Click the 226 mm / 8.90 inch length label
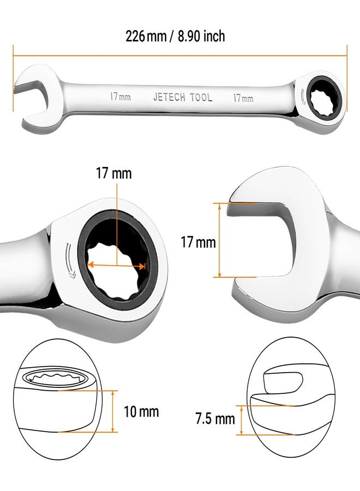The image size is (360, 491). click(175, 36)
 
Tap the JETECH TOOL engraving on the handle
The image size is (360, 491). click(183, 97)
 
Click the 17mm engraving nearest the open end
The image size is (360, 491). click(120, 97)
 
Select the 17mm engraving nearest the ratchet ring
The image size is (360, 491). click(243, 98)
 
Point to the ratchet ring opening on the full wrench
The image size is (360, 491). click(323, 97)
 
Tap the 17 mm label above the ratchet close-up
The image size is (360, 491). click(113, 173)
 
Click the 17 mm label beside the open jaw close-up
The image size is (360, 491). click(198, 242)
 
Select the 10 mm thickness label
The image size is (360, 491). click(141, 411)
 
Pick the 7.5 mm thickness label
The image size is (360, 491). click(215, 418)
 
